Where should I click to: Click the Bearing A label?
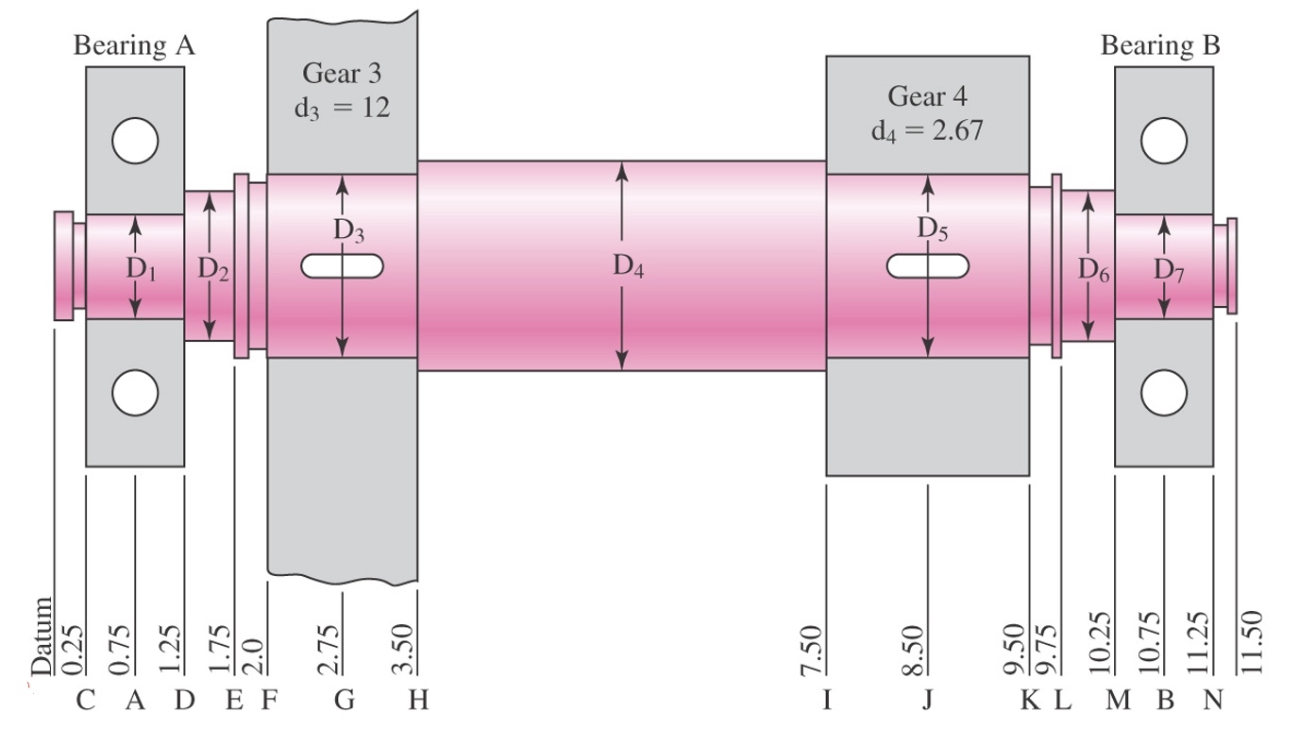(x=134, y=46)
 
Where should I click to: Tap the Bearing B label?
(x=1160, y=45)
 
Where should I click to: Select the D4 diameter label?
(x=628, y=267)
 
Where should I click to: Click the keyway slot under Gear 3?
(x=342, y=266)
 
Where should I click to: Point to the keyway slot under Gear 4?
(x=928, y=266)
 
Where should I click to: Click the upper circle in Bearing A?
(x=134, y=142)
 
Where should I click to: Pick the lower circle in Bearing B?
(x=1163, y=392)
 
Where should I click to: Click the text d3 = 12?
(x=341, y=107)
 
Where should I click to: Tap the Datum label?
(x=42, y=636)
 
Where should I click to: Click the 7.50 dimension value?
(x=812, y=650)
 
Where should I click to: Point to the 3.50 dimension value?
(x=403, y=650)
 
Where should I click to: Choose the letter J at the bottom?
(x=927, y=701)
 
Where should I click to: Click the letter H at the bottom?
(x=417, y=701)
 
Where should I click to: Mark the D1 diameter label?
(x=142, y=269)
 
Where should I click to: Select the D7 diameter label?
(x=1169, y=269)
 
